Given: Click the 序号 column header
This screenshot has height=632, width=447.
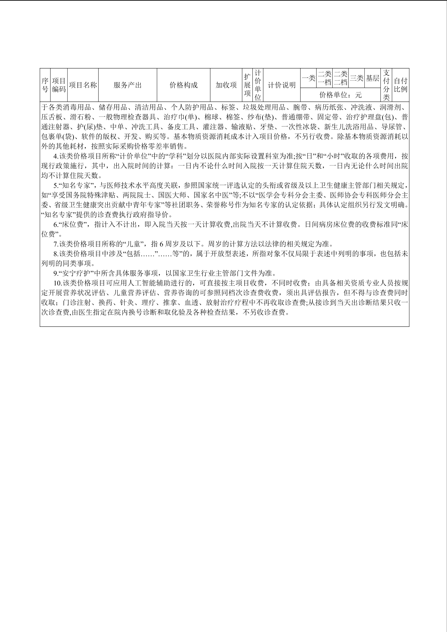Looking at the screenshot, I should pyautogui.click(x=45, y=85).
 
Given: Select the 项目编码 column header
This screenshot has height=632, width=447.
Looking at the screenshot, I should pyautogui.click(x=59, y=85).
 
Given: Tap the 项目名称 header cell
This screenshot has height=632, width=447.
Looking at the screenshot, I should pyautogui.click(x=83, y=85).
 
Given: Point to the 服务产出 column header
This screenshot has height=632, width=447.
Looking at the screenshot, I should pyautogui.click(x=128, y=85).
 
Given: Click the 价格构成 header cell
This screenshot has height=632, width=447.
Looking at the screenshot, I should pyautogui.click(x=184, y=85).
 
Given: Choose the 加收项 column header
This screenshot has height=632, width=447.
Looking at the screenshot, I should pyautogui.click(x=226, y=85).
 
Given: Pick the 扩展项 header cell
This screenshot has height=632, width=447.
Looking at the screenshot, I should pyautogui.click(x=247, y=85).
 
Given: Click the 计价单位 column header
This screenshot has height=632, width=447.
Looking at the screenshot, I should pyautogui.click(x=258, y=85).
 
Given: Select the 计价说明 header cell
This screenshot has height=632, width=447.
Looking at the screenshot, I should pyautogui.click(x=282, y=85).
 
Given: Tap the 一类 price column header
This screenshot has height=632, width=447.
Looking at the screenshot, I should pyautogui.click(x=309, y=78).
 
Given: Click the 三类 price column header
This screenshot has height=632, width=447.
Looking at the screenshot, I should pyautogui.click(x=357, y=78).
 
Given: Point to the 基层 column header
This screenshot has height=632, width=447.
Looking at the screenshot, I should pyautogui.click(x=372, y=78).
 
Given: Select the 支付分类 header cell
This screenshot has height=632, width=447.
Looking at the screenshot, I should pyautogui.click(x=386, y=85).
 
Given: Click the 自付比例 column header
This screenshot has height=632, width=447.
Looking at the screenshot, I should pyautogui.click(x=400, y=85).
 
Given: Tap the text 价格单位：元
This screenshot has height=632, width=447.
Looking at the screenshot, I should pyautogui.click(x=340, y=95).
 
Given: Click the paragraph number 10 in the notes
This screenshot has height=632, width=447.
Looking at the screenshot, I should pyautogui.click(x=57, y=283).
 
